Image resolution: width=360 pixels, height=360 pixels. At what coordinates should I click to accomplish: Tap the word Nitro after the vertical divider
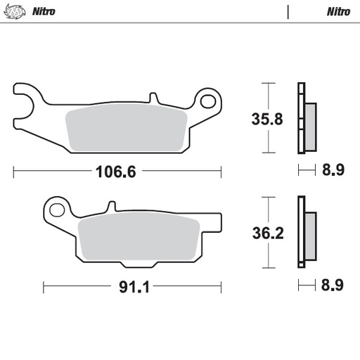point(339,11)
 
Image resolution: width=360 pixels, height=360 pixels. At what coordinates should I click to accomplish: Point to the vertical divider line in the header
point(288,11)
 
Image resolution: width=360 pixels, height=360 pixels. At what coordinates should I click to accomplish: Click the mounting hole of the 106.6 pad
point(207,102)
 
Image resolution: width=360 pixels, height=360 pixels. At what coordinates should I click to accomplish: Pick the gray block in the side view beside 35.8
point(310,127)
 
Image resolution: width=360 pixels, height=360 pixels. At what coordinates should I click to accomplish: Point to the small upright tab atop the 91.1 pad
point(110,207)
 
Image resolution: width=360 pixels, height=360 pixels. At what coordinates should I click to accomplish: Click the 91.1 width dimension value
point(131,286)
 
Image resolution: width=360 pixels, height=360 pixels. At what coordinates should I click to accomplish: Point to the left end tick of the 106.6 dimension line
point(14,171)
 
